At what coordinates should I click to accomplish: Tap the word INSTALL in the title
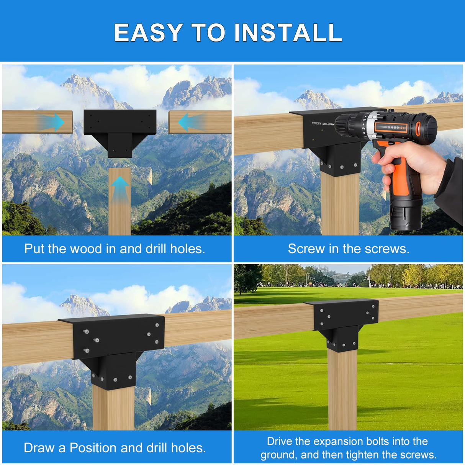coord(288,33)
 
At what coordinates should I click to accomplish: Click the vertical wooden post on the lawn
coord(342,391)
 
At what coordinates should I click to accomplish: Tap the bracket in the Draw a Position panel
coord(115,345)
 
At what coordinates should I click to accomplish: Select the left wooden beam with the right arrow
coord(23,122)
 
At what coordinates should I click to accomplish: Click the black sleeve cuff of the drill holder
coord(452,188)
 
